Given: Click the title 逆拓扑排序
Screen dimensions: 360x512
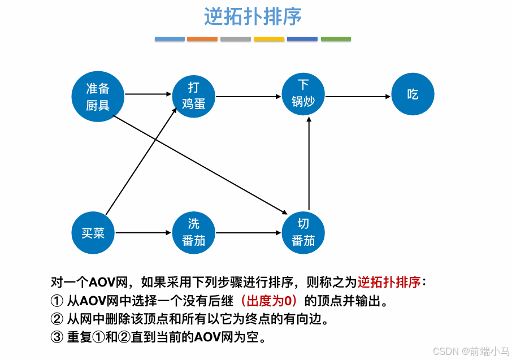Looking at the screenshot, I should tap(253, 17).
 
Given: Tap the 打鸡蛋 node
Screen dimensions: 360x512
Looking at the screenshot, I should tap(194, 96).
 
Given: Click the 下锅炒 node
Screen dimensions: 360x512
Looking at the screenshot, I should tap(303, 94).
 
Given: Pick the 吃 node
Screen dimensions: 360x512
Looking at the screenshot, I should tap(413, 94).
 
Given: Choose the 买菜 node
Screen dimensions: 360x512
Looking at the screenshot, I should tap(93, 232).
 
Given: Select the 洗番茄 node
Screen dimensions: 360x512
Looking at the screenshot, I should tap(194, 232).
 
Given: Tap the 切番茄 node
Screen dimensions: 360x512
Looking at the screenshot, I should tap(303, 232).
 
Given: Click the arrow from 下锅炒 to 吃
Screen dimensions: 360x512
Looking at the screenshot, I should tap(358, 96).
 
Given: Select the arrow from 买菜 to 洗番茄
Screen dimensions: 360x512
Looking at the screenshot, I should tap(144, 232).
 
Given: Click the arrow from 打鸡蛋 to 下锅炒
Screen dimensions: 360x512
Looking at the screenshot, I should tap(249, 96).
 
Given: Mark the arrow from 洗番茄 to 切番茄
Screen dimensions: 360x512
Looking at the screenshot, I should tap(249, 232).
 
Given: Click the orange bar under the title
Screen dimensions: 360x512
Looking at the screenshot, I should tap(202, 39).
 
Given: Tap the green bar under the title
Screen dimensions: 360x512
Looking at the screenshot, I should tap(336, 39).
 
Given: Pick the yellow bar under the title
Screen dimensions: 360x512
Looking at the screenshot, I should tap(269, 39).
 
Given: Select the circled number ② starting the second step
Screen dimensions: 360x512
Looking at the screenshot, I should tap(57, 319).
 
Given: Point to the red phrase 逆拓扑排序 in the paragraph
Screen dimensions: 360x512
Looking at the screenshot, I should tap(389, 281).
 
